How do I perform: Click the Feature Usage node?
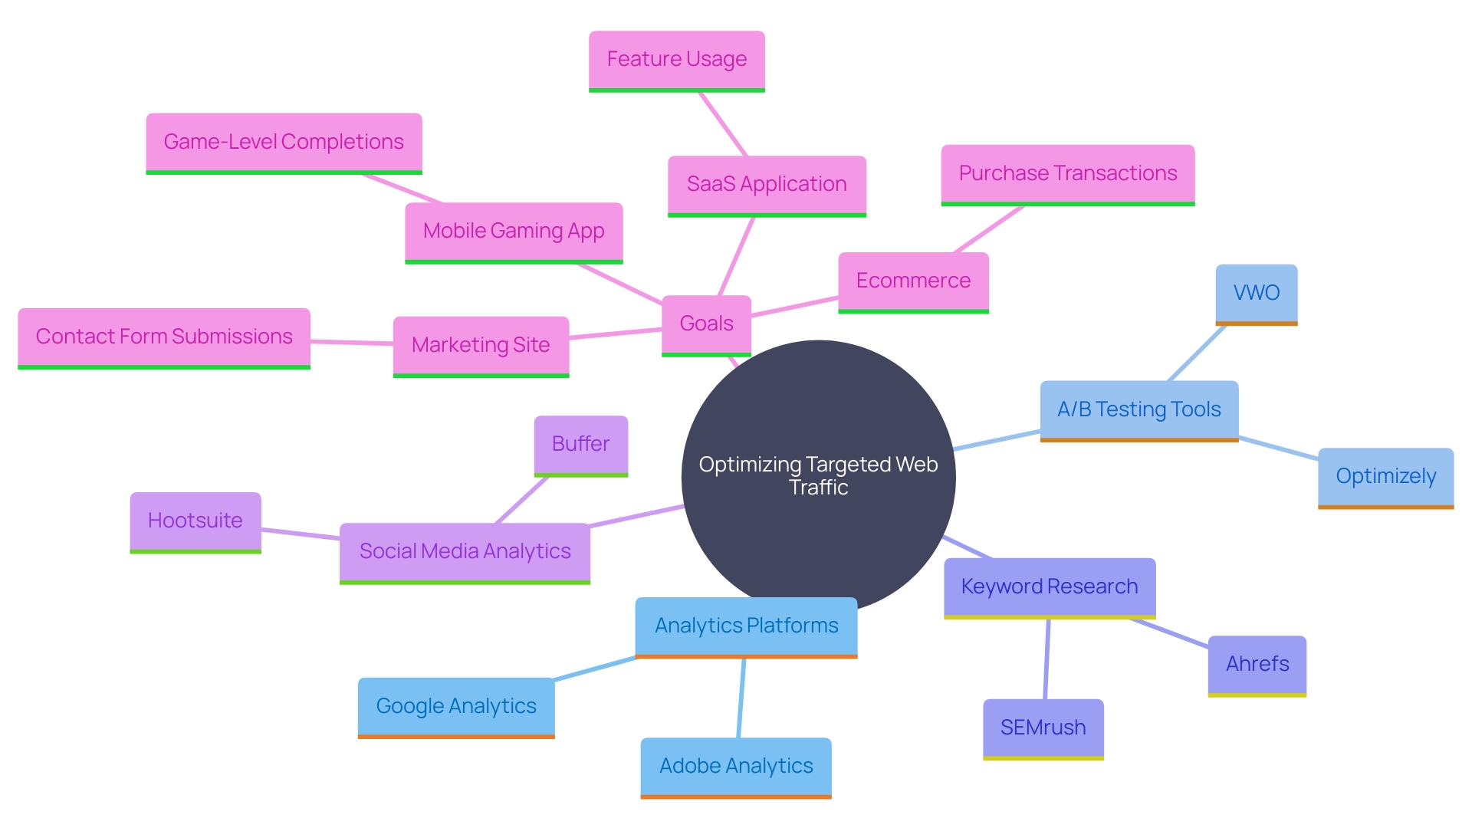tap(676, 60)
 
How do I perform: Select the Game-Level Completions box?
tap(284, 143)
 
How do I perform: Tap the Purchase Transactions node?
tap(1067, 174)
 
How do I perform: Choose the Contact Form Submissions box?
tap(164, 337)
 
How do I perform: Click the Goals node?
tap(706, 324)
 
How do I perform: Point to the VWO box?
tap(1256, 294)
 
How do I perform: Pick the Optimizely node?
tap(1385, 477)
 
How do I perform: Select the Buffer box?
tap(580, 445)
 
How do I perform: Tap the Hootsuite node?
tap(195, 521)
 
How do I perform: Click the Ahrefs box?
tap(1257, 665)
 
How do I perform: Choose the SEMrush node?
tap(1043, 728)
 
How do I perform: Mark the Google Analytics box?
tap(456, 707)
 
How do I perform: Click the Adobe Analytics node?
tap(736, 767)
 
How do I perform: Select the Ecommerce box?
tap(913, 281)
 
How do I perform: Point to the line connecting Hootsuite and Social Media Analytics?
tap(301, 534)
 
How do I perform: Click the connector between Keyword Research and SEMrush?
tap(1046, 659)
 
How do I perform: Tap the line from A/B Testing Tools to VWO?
tap(1197, 353)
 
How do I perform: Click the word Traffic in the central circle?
tap(819, 488)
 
